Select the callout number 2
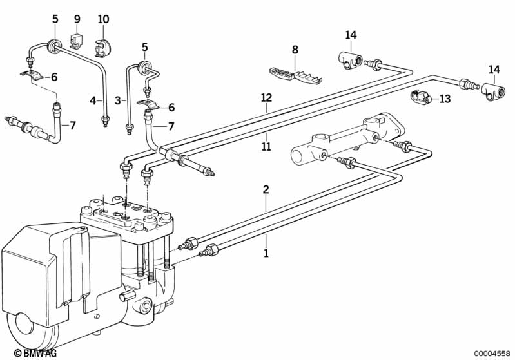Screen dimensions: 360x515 [x=266, y=190]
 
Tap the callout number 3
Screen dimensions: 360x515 [x=119, y=100]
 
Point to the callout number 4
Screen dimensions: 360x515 [x=93, y=100]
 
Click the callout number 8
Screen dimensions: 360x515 [x=295, y=50]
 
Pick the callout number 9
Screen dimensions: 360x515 [x=77, y=19]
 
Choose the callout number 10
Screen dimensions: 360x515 [x=103, y=19]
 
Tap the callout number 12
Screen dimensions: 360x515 [x=266, y=97]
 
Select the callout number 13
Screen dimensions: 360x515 [x=445, y=99]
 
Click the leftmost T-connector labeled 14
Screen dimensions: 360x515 [x=349, y=61]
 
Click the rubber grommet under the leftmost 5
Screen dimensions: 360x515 [x=55, y=44]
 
